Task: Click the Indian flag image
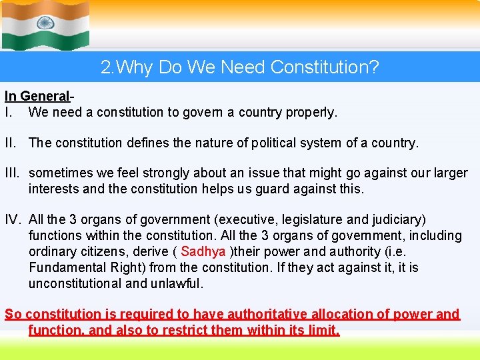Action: [x=45, y=26]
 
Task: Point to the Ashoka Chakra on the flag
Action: [x=46, y=25]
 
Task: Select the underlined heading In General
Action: [x=37, y=97]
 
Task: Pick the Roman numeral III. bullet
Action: [x=15, y=173]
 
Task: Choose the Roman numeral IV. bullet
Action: [x=15, y=220]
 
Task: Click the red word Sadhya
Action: [x=203, y=252]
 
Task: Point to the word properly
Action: [x=312, y=113]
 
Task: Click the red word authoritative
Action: [x=269, y=315]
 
